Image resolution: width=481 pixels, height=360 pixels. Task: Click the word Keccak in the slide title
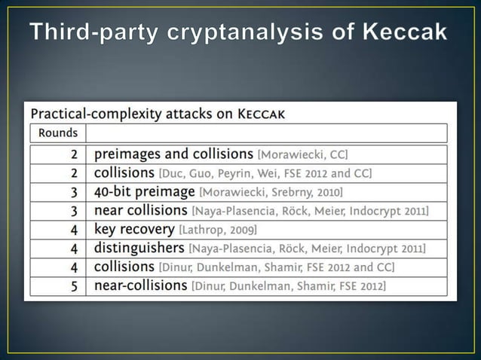[405, 33]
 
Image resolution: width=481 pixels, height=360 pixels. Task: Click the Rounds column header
[57, 133]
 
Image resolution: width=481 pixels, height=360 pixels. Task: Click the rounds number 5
[74, 285]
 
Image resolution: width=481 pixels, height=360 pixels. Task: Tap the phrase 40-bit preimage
[144, 191]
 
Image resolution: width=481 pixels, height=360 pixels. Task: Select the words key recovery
[133, 229]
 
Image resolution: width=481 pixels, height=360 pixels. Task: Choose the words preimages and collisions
[173, 154]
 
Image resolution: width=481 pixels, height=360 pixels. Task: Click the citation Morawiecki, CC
[302, 154]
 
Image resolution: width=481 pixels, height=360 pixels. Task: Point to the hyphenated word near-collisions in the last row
[140, 285]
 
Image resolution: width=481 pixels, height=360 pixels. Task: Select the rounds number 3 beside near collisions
[74, 210]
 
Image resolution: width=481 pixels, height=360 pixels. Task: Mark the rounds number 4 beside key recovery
[74, 229]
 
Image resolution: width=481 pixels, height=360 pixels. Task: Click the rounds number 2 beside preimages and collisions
[74, 154]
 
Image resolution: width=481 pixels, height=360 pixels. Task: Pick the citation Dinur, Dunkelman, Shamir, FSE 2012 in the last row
[290, 286]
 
